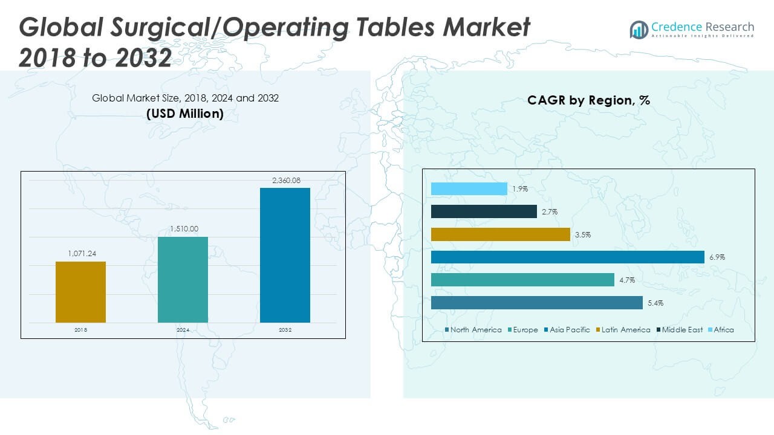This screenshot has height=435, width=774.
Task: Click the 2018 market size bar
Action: [80, 292]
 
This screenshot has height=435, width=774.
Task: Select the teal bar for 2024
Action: [183, 279]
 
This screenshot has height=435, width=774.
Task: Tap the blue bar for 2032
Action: [285, 255]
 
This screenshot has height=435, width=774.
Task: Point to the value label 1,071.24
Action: [80, 254]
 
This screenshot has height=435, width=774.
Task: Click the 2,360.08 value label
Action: [285, 180]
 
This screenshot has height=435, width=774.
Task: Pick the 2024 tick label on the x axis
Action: [183, 330]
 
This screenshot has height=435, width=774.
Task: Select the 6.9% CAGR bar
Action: [568, 257]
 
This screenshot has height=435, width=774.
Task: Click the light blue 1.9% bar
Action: [469, 188]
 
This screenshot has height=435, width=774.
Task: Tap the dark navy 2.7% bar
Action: [484, 211]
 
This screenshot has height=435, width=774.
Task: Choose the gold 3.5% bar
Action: [501, 234]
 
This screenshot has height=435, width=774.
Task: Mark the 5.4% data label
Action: [655, 303]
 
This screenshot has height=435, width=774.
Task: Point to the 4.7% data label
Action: [627, 280]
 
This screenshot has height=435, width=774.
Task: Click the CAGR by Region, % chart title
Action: [588, 100]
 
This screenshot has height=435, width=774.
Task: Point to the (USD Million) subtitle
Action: [185, 114]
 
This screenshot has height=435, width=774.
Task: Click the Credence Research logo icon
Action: [639, 30]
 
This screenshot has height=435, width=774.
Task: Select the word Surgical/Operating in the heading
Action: [215, 28]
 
